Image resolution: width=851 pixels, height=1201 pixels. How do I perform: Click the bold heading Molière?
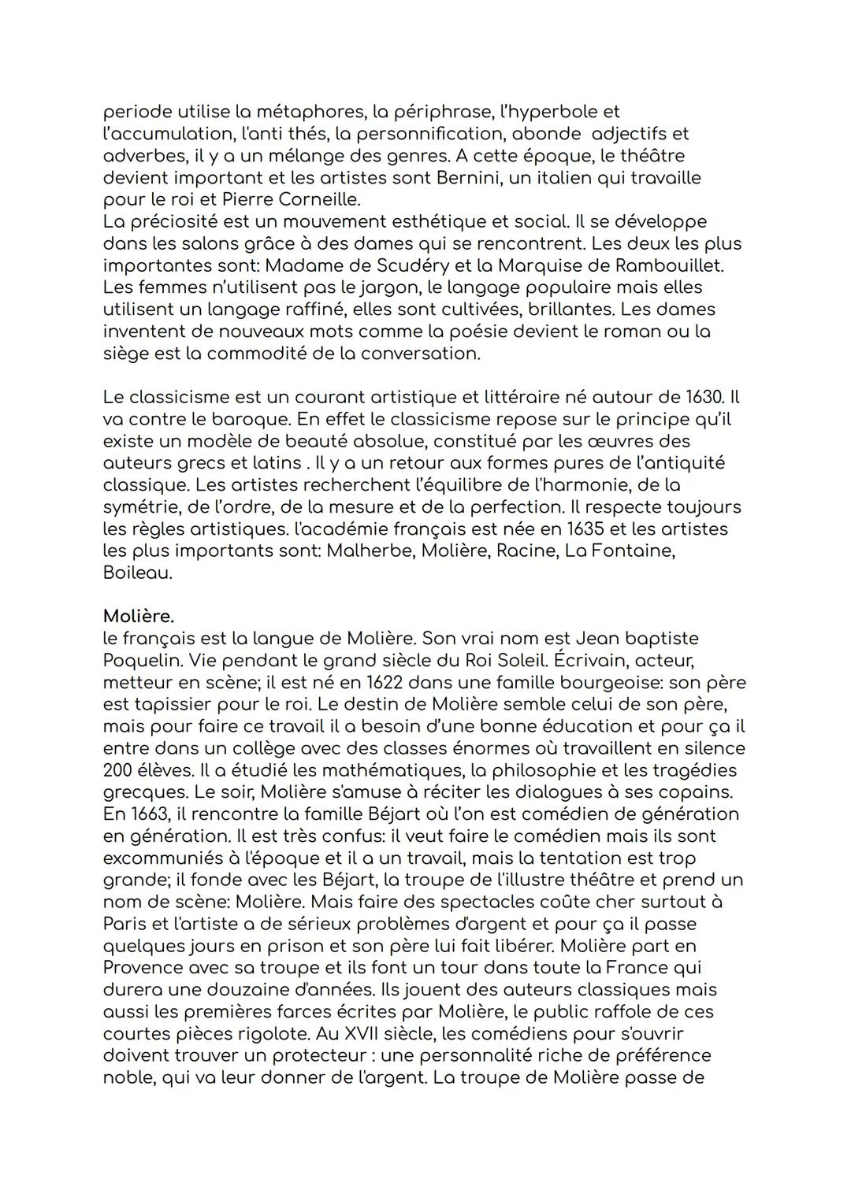coord(138,616)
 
